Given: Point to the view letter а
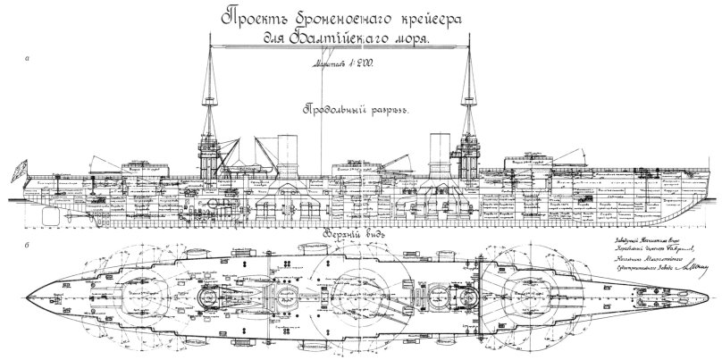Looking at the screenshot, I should tap(29, 59).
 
